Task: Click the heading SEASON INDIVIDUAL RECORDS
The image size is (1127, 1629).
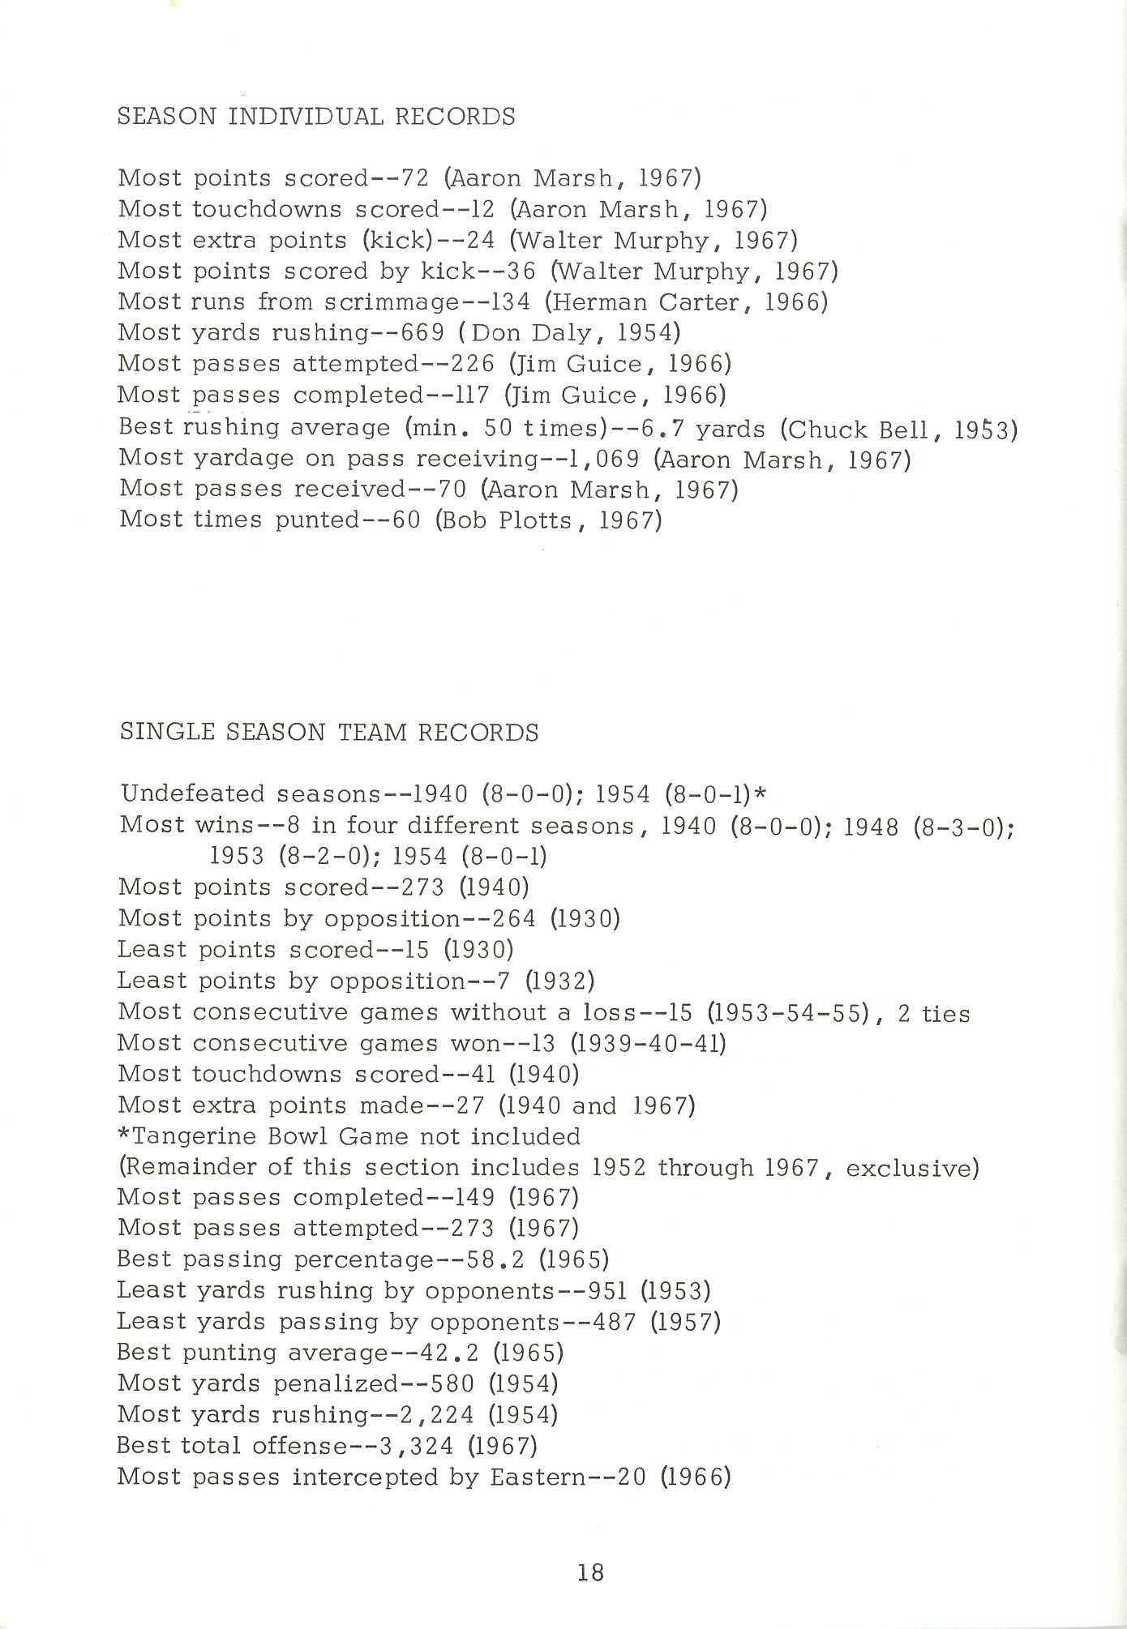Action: tap(316, 117)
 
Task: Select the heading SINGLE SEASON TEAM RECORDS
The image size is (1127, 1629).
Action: tap(329, 733)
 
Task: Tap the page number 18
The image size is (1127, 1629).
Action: tap(591, 1572)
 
